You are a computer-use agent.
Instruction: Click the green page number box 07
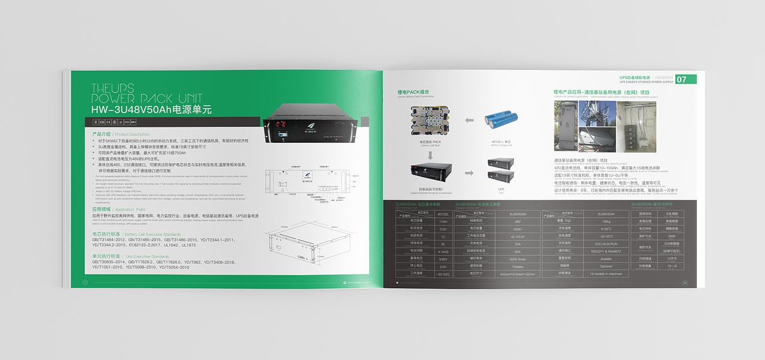click(686, 80)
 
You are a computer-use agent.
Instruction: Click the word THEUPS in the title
click(113, 89)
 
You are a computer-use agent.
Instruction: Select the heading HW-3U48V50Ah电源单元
click(151, 110)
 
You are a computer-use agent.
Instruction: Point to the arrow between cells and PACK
click(469, 120)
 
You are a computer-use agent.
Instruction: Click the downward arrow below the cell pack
click(429, 156)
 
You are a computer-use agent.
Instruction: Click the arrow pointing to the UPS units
click(469, 173)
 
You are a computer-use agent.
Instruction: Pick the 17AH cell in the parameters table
click(443, 221)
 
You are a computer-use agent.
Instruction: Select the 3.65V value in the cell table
click(443, 259)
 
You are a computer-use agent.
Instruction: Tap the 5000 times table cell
click(518, 259)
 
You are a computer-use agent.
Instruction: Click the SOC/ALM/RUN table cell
click(606, 243)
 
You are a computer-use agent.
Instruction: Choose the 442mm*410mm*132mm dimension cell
click(518, 274)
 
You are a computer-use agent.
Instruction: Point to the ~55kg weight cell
click(606, 221)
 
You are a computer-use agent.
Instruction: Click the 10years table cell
click(518, 266)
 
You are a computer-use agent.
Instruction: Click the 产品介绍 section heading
click(101, 134)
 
